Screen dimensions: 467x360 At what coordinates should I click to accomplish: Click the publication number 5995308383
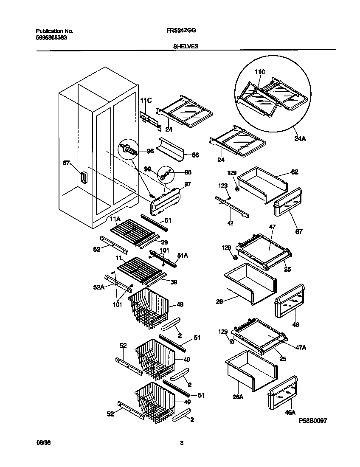(x=51, y=37)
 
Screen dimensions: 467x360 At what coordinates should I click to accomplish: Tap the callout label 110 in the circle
(x=260, y=73)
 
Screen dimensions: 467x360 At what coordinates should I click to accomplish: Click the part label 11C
(x=146, y=100)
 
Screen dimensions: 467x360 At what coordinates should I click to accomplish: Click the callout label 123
(x=223, y=185)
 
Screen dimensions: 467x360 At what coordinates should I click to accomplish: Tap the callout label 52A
(x=98, y=287)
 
